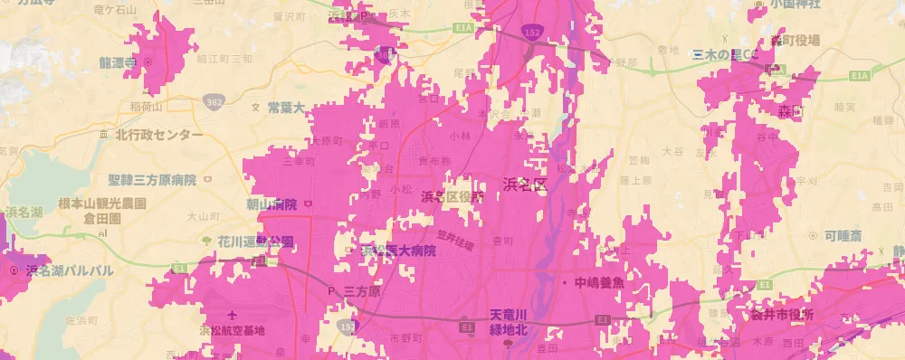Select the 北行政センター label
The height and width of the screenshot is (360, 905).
tap(159, 135)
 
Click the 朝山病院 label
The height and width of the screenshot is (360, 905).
tap(271, 204)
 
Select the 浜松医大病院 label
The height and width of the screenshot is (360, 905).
tap(398, 251)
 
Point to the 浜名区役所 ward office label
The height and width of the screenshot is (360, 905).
tap(452, 196)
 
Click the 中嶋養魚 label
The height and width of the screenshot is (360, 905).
tap(598, 281)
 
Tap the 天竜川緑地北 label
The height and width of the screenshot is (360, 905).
tap(507, 319)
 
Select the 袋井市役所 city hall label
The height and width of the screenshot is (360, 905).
tap(782, 314)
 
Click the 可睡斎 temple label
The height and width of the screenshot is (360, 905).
tap(843, 236)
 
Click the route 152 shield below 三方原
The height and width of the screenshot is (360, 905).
tap(350, 324)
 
